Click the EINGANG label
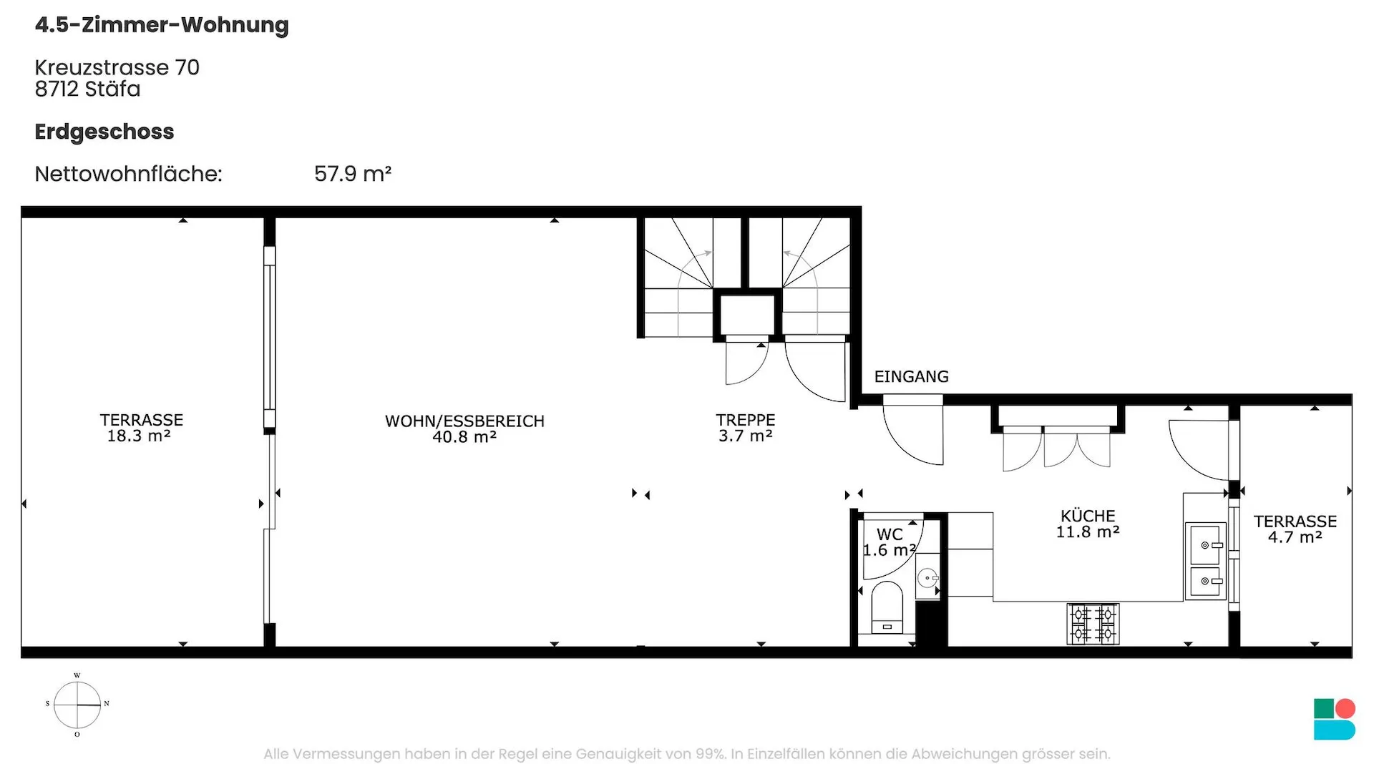coord(911,376)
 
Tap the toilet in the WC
coord(887,607)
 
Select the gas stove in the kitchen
coord(1093,624)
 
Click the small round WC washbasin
coord(928,577)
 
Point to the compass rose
coord(77,705)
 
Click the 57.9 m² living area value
coord(353,174)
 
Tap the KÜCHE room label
coord(1088,516)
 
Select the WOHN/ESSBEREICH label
coord(464,421)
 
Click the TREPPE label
coord(745,420)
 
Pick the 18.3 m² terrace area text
coord(139,436)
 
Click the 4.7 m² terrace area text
coord(1295,537)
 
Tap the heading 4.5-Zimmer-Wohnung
coord(162,25)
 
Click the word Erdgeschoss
coord(104,132)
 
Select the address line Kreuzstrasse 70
coord(117,67)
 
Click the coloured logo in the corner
coord(1335,719)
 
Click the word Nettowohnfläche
coord(128,174)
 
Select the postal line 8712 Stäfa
coord(87,89)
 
